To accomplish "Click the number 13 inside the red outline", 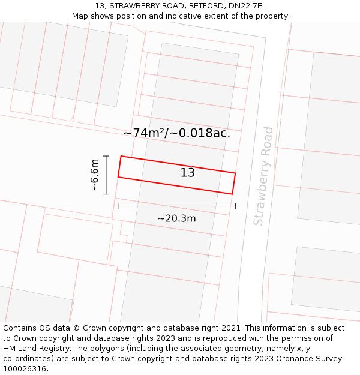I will [187, 173].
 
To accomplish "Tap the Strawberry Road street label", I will [263, 176].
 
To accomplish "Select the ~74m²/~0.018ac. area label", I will [176, 133].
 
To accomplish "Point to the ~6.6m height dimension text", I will [94, 175].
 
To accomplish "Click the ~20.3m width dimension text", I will [176, 218].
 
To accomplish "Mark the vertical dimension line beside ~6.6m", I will [106, 175].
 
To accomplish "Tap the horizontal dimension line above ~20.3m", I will [176, 206].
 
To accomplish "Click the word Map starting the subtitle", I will [80, 16].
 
